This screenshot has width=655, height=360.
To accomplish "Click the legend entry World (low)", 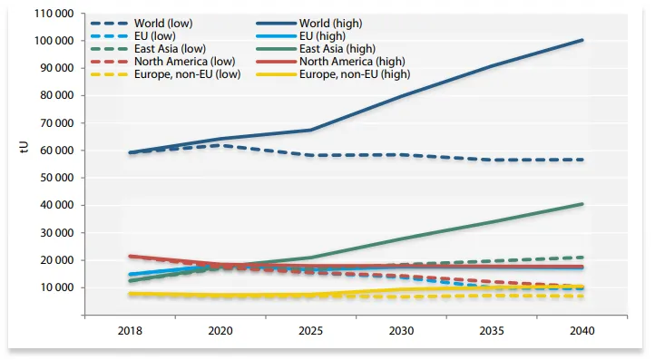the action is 163,23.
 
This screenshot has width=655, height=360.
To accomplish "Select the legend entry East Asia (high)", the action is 337,49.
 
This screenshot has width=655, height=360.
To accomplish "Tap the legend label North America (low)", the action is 185,62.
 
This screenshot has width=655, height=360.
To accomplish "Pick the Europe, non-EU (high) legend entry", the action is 355,74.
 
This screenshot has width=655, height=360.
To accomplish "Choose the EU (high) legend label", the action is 322,36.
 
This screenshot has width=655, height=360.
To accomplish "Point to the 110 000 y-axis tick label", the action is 54,14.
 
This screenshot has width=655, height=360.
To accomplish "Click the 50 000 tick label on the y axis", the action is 57,178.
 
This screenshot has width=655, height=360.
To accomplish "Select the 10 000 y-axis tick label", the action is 57,287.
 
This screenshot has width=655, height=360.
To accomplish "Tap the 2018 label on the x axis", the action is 130,331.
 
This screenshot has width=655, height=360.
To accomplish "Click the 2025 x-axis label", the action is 311,331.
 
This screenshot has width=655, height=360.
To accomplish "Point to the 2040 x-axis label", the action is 582,331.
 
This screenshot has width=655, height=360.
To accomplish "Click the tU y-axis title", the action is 24,148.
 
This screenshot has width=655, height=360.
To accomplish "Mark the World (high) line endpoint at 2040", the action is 582,40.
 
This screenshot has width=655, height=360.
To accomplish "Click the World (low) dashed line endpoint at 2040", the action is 582,160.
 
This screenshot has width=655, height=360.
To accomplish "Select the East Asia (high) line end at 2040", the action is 582,204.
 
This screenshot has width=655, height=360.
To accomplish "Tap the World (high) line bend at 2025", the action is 311,130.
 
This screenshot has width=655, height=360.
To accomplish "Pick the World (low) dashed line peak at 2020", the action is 222,145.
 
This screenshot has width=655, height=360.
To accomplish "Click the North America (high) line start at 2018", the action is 131,256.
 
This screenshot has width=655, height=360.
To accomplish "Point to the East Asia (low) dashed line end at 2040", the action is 582,258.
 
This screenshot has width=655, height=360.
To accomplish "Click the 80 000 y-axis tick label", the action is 57,95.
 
